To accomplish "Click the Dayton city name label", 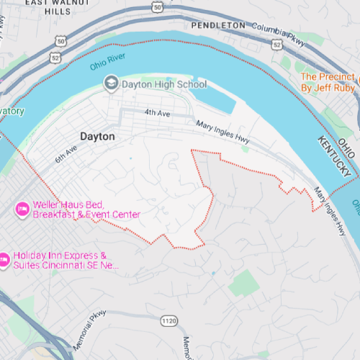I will pyautogui.click(x=97, y=135).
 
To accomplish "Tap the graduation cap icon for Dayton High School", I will pyautogui.click(x=111, y=84).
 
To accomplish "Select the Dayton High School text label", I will pyautogui.click(x=164, y=84).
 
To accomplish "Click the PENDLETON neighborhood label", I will pyautogui.click(x=219, y=24).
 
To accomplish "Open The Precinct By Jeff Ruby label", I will pyautogui.click(x=328, y=82).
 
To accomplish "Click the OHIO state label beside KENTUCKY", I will pyautogui.click(x=348, y=149).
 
